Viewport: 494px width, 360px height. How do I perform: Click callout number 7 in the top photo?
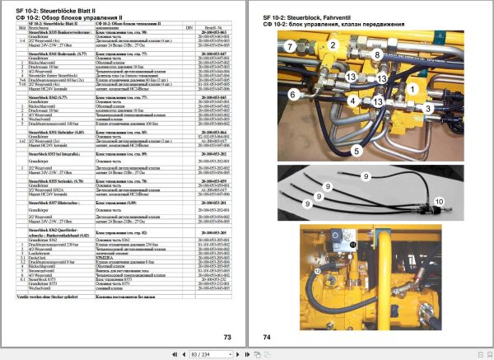click(x=290, y=48)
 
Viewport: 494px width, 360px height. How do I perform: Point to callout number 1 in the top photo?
click(x=412, y=86)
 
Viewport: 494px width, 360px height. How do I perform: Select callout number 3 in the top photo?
click(x=428, y=108)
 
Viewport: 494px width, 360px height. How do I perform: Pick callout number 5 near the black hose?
click(x=357, y=152)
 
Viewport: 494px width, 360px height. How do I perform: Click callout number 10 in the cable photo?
click(x=438, y=201)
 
